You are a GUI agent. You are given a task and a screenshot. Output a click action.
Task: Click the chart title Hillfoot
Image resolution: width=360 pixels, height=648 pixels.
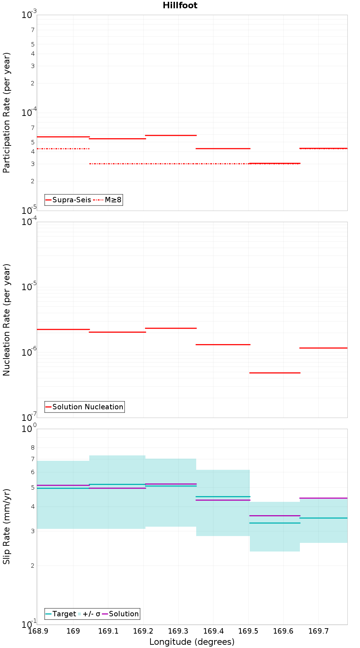(x=180, y=5)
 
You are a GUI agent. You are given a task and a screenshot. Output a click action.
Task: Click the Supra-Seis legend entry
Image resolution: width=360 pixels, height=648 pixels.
(x=68, y=200)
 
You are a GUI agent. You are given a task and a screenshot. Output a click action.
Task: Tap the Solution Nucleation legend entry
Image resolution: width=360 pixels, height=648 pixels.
(x=84, y=407)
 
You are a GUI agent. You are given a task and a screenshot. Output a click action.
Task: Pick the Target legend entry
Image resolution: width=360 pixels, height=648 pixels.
(x=60, y=614)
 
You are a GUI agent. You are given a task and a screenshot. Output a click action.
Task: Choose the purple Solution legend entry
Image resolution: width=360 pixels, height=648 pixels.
(x=120, y=614)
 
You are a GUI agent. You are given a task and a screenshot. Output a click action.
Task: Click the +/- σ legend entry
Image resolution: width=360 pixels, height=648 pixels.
(x=89, y=614)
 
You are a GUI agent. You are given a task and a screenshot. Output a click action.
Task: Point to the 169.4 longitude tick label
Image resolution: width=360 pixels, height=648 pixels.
(x=213, y=631)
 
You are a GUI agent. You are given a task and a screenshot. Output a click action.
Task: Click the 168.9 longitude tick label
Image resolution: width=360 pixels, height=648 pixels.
(x=38, y=631)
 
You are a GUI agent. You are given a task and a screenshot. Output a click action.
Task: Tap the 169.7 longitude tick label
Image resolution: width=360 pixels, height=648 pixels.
(x=318, y=631)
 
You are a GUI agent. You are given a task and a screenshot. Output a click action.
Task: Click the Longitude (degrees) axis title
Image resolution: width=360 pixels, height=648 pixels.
(x=192, y=642)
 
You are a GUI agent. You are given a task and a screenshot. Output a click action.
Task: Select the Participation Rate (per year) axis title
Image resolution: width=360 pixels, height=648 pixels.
(x=6, y=113)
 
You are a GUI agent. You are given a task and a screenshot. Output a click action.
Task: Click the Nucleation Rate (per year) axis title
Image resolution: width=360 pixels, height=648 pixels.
(x=6, y=320)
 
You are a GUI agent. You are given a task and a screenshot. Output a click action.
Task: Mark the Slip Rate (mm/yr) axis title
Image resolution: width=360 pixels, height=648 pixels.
(x=6, y=526)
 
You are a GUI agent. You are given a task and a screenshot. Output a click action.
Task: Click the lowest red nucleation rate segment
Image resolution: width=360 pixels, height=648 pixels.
(x=275, y=373)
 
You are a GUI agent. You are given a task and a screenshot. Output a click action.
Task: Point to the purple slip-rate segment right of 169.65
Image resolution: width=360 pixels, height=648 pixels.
(x=324, y=498)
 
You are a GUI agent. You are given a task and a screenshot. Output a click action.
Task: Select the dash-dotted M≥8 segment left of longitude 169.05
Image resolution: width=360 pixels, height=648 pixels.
(x=63, y=149)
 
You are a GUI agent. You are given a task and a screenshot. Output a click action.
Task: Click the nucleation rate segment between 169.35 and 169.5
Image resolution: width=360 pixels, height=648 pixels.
(x=223, y=345)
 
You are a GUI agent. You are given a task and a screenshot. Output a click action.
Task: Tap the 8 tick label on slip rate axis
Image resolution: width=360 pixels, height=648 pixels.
(x=33, y=448)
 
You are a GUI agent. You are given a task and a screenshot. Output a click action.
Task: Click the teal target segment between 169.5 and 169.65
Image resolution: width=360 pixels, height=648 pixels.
(x=275, y=523)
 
